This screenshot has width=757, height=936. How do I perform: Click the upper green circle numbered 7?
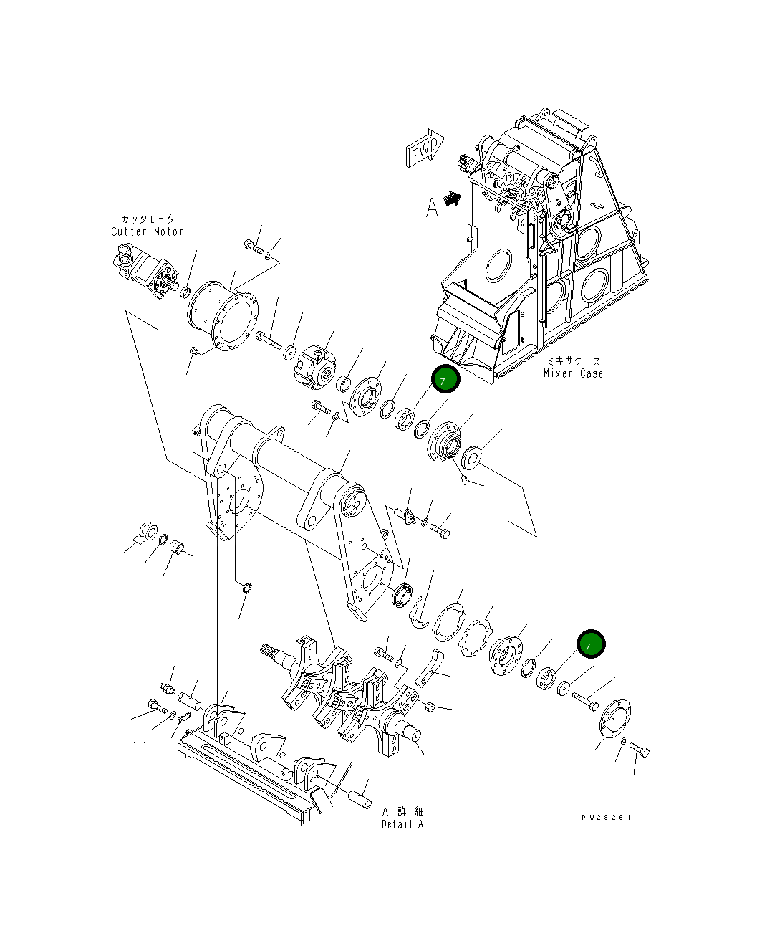coord(444,381)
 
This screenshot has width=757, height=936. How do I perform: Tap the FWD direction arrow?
coord(425,148)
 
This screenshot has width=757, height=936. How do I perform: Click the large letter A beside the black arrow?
coord(432,208)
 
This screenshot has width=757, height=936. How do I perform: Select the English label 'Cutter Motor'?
coord(147,231)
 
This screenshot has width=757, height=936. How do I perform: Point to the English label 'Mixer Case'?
coord(573,373)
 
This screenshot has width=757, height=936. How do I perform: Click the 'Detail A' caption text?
coord(402,824)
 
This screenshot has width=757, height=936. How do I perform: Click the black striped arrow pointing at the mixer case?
coord(452,199)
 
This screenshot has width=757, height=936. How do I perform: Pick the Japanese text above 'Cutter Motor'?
coord(147,219)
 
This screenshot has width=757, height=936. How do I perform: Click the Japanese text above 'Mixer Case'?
coord(573,361)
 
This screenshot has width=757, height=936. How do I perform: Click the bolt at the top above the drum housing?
coord(251,247)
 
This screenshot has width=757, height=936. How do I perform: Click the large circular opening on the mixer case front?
coord(498,266)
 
